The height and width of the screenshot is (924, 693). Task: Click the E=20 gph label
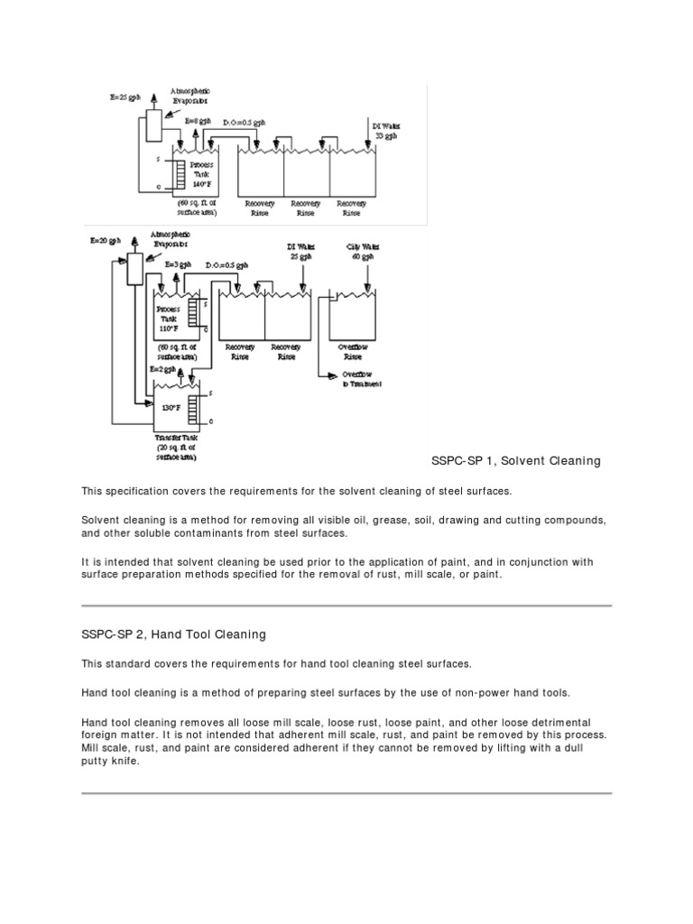104,241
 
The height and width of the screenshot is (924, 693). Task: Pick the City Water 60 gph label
360,251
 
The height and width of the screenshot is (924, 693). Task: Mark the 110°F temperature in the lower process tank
171,329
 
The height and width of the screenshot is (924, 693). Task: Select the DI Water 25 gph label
301,251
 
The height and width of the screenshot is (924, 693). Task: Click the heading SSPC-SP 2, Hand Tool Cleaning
174,634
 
